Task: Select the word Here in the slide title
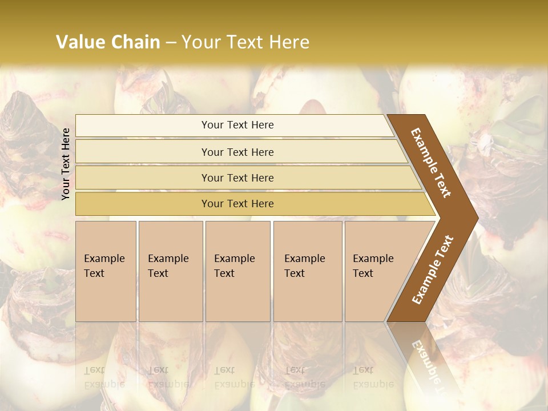[x=289, y=42]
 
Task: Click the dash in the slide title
[x=171, y=43]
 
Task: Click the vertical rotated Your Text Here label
[x=66, y=164]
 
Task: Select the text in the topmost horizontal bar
[x=237, y=125]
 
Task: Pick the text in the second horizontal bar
[x=237, y=152]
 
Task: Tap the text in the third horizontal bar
[x=237, y=178]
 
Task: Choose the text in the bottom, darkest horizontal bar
[x=237, y=204]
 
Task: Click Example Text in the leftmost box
[x=104, y=266]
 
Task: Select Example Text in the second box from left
[x=168, y=266]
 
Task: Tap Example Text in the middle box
[x=234, y=266]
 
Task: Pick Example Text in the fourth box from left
[x=304, y=266]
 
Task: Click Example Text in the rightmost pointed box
[x=373, y=266]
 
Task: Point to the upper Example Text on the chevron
[x=431, y=163]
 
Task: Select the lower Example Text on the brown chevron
[x=432, y=270]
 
